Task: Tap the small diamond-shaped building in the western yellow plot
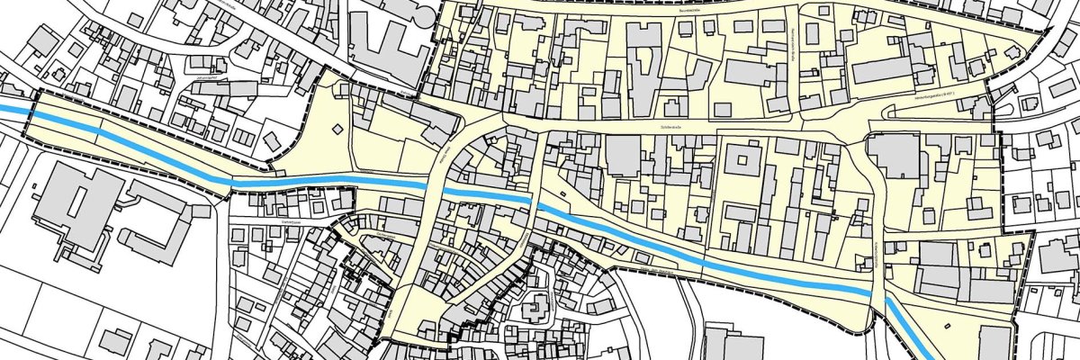[337, 130]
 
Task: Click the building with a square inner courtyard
[744, 163]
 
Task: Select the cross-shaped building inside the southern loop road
[537, 307]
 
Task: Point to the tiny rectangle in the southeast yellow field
[947, 323]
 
